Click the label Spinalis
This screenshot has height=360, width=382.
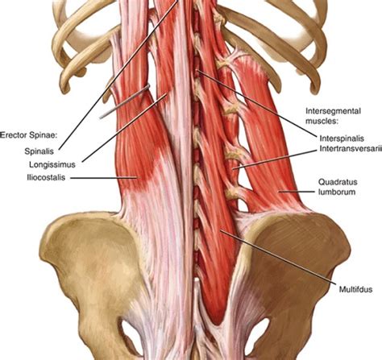[39, 151]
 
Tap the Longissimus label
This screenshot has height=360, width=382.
[52, 164]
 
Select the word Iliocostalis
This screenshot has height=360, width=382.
[46, 177]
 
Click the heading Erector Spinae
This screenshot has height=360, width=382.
[29, 135]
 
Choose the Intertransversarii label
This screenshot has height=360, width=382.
[351, 148]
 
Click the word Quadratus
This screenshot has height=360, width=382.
[338, 182]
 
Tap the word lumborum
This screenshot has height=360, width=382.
[337, 192]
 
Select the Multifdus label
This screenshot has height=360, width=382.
[355, 289]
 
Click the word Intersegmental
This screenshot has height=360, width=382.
[333, 111]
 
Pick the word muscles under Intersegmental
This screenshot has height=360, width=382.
[322, 121]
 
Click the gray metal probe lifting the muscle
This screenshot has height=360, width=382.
[124, 101]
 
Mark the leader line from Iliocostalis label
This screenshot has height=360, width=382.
[104, 177]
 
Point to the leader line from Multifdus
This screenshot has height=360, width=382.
[278, 257]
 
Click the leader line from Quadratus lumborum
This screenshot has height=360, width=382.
[296, 192]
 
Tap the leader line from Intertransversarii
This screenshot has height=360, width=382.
[275, 159]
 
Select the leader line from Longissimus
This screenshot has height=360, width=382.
[124, 128]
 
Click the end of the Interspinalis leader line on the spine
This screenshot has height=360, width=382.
[197, 70]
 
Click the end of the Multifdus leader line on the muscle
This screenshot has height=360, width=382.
[221, 230]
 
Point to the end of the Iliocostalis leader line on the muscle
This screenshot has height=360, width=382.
[138, 177]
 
